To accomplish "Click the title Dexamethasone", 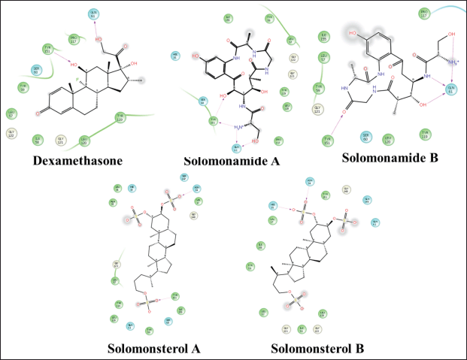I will (x=77, y=159).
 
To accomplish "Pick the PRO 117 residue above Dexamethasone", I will (x=73, y=38).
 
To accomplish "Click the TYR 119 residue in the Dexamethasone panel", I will (x=120, y=116).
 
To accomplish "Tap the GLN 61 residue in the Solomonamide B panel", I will (x=452, y=90).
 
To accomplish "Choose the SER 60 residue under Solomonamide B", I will (x=365, y=138).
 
